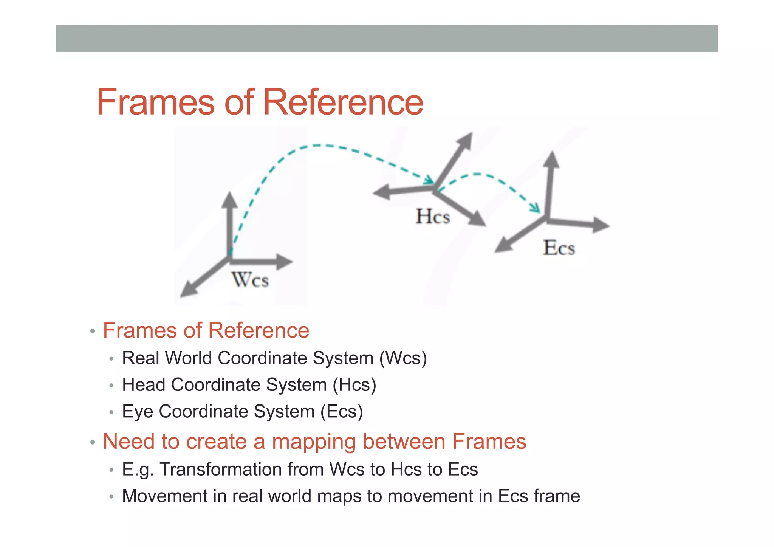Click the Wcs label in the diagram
tap(250, 280)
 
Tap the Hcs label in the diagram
tap(433, 217)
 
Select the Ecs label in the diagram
tap(559, 248)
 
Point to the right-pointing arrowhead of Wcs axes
tap(284, 262)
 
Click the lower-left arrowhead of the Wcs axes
tap(188, 291)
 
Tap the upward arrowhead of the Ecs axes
tap(552, 160)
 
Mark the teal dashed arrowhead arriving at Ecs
tap(536, 208)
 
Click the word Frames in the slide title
tap(156, 102)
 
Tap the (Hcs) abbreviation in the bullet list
tap(354, 385)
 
